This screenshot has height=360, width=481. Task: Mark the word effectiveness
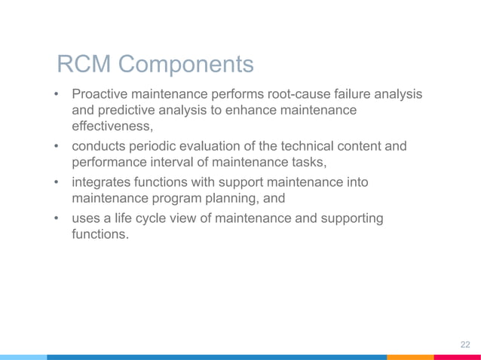pyautogui.click(x=112, y=127)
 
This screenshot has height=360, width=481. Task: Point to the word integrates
pyautogui.click(x=103, y=183)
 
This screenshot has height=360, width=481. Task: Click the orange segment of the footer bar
pyautogui.click(x=410, y=357)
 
